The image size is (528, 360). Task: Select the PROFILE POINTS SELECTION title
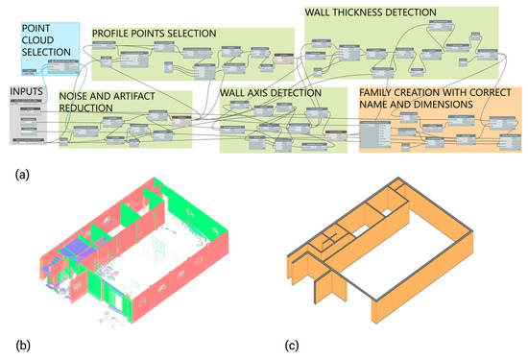[154, 34]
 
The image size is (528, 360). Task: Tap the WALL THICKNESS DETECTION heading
[371, 12]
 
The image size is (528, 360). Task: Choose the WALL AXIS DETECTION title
[272, 96]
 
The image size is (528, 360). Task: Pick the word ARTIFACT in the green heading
[132, 96]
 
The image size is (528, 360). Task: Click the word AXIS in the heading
[264, 96]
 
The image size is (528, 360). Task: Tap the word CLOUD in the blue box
[39, 40]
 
